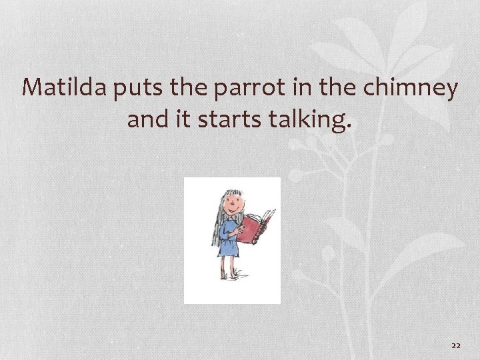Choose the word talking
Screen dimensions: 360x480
[x=310, y=120]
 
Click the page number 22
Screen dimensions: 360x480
[x=456, y=345]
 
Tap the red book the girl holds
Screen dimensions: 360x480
[x=257, y=227]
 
